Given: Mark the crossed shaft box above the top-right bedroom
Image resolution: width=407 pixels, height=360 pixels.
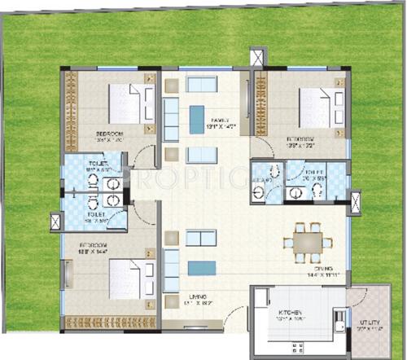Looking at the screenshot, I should (x=258, y=59).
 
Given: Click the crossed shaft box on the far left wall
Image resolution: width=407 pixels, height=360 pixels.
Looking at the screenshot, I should (x=55, y=220).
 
